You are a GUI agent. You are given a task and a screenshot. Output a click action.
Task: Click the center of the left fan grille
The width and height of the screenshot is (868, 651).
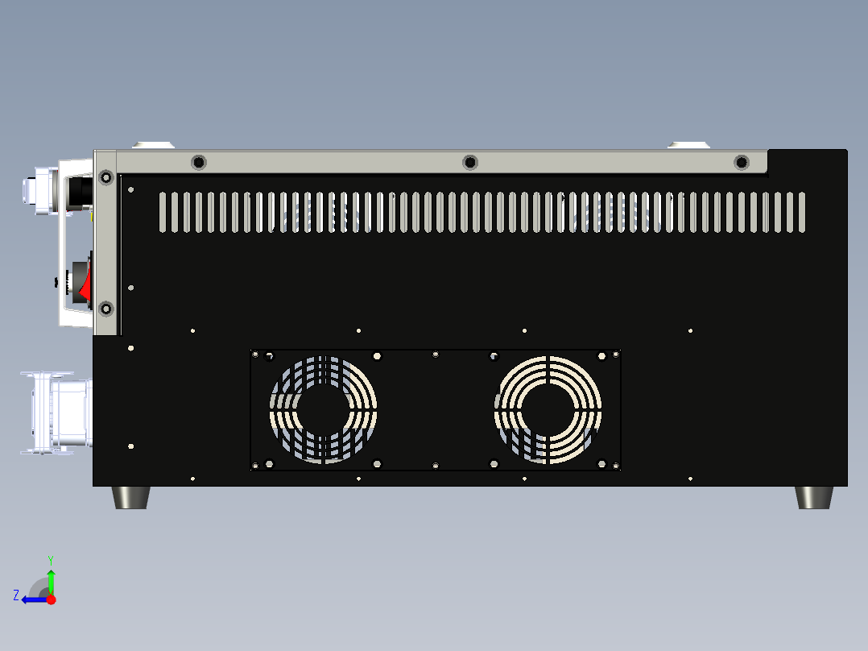(x=323, y=409)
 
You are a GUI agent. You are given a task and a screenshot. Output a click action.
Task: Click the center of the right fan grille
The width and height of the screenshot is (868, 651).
(x=548, y=409)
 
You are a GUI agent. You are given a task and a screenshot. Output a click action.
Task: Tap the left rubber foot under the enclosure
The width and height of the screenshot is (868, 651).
(x=131, y=497)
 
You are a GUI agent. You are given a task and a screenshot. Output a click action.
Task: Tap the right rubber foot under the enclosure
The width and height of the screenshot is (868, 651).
(x=813, y=497)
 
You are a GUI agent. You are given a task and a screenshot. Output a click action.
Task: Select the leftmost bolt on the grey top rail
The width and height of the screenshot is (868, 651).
(x=198, y=163)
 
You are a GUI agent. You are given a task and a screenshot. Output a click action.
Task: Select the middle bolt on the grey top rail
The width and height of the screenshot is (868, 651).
(x=470, y=163)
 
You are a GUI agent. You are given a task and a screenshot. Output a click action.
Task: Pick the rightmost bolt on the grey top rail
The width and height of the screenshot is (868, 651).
(x=742, y=163)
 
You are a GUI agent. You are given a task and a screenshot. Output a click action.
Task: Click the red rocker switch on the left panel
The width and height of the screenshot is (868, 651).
(x=84, y=285)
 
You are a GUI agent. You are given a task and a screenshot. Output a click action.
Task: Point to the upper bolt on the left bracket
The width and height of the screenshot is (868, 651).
(x=105, y=177)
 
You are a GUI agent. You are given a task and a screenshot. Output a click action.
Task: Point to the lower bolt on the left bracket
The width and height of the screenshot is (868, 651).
(x=105, y=309)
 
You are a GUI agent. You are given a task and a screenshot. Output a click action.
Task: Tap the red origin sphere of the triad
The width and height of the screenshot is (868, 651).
(x=51, y=599)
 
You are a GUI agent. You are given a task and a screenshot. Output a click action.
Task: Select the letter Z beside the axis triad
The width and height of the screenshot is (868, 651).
(x=16, y=595)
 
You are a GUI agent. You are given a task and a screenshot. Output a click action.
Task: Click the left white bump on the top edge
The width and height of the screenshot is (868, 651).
(x=153, y=145)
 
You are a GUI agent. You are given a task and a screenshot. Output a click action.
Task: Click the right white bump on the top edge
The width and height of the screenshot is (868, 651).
(x=688, y=145)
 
